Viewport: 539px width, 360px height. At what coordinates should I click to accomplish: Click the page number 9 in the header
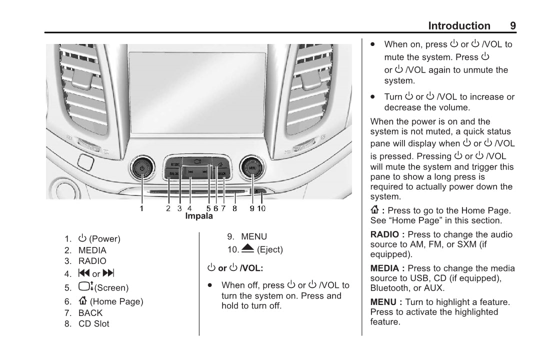(513, 26)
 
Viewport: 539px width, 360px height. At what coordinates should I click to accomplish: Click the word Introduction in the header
(459, 26)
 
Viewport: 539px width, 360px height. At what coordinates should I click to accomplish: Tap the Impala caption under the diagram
(199, 216)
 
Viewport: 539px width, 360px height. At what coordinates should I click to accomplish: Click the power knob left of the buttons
(142, 168)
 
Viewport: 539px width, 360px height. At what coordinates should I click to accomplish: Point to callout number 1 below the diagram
(141, 208)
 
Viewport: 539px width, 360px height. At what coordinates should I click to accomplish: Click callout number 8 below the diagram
(234, 208)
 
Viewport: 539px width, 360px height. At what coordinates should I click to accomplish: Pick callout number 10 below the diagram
(261, 208)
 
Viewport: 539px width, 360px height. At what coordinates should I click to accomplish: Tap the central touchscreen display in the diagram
(197, 92)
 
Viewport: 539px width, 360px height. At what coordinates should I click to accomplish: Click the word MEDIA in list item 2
(92, 250)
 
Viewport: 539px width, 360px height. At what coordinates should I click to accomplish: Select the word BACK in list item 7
(90, 313)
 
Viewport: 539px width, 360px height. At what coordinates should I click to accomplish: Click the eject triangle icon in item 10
(247, 248)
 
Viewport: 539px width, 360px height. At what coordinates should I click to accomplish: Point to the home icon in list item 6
(83, 301)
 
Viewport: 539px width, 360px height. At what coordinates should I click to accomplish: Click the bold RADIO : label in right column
(387, 234)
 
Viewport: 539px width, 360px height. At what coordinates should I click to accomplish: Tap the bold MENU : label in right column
(386, 302)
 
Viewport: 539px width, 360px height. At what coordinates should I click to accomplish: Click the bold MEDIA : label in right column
(387, 268)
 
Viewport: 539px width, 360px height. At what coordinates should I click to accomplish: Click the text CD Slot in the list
(93, 323)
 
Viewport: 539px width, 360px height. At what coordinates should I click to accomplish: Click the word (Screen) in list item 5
(111, 288)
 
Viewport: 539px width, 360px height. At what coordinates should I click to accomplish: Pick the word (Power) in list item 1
(104, 239)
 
